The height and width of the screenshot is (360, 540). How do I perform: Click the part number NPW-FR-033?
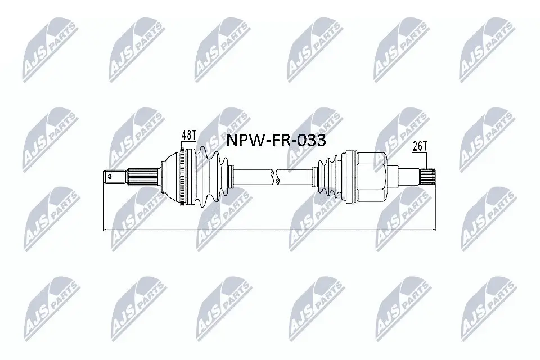click(x=276, y=141)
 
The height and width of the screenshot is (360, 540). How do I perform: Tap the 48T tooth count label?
click(x=188, y=136)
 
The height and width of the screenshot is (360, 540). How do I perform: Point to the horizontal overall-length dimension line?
click(x=270, y=229)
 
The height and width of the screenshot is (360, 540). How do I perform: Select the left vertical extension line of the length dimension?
click(x=105, y=208)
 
